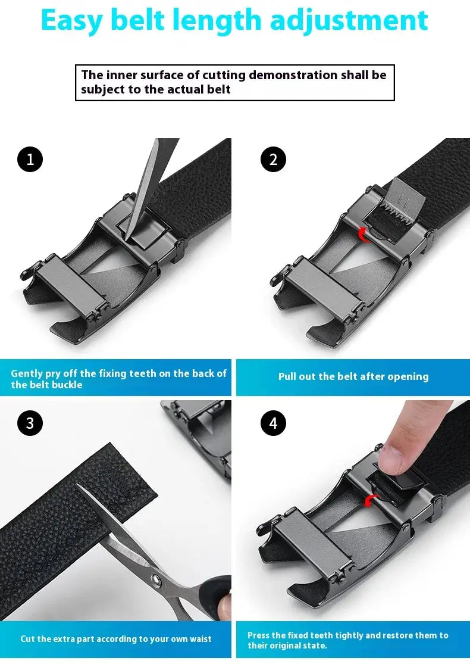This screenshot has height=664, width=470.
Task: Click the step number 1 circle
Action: click(30, 159)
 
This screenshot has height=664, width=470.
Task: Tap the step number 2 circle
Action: click(273, 159)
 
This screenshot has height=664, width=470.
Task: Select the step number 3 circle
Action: click(30, 423)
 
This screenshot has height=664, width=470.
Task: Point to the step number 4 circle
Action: click(273, 423)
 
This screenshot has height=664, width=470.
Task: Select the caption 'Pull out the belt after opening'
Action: click(353, 376)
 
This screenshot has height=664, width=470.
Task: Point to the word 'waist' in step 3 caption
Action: click(200, 638)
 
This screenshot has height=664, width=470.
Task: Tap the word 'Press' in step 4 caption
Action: click(259, 635)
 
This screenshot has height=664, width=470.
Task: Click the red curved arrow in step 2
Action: click(362, 236)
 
